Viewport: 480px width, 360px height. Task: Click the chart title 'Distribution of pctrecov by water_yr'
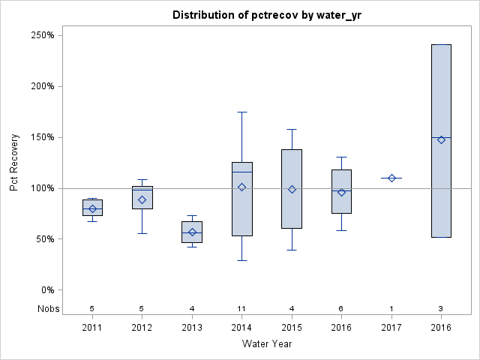(266, 15)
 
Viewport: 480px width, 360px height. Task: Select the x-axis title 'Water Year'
(266, 344)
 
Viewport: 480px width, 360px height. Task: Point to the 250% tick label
(40, 35)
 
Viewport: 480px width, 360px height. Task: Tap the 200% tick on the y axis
(40, 86)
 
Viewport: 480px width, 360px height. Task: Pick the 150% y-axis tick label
(40, 137)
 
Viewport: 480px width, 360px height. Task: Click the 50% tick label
(43, 239)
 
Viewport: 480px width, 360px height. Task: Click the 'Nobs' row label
(46, 308)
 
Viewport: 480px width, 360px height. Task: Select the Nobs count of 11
(241, 308)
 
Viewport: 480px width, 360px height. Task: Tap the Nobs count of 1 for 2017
(391, 308)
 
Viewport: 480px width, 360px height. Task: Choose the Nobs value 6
(341, 308)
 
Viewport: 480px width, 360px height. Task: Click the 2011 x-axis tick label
(92, 328)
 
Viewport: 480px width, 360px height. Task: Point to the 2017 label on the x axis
(391, 328)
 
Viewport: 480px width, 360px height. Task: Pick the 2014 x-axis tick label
(241, 328)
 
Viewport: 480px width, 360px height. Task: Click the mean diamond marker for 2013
(192, 232)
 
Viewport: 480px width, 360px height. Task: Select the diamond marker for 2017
(391, 178)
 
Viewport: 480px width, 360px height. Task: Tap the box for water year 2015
(292, 188)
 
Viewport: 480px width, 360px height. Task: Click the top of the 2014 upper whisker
(241, 112)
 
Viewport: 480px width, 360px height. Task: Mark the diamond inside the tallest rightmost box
(441, 139)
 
